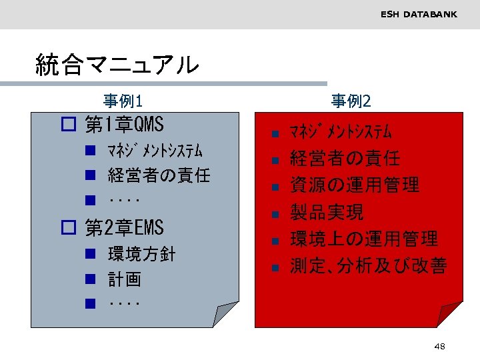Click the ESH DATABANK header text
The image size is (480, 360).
pyautogui.click(x=419, y=14)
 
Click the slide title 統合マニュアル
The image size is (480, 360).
pyautogui.click(x=117, y=65)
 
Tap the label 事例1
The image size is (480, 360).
pyautogui.click(x=123, y=101)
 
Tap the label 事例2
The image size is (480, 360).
pyautogui.click(x=351, y=101)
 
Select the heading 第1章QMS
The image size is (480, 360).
pyautogui.click(x=124, y=125)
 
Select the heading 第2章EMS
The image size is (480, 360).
pyautogui.click(x=124, y=228)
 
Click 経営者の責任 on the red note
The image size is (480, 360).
pyautogui.click(x=345, y=159)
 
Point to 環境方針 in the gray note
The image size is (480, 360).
pyautogui.click(x=141, y=254)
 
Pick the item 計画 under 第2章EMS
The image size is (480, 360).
pyautogui.click(x=125, y=279)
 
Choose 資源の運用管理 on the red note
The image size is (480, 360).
pyautogui.click(x=354, y=185)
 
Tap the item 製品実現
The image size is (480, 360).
pyautogui.click(x=327, y=213)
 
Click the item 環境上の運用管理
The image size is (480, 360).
pyautogui.click(x=363, y=239)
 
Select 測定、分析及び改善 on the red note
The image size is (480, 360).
pyautogui.click(x=368, y=267)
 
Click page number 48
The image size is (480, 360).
pyautogui.click(x=439, y=346)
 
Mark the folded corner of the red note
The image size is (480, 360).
pyautogui.click(x=449, y=315)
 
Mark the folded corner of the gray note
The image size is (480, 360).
pyautogui.click(x=224, y=315)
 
